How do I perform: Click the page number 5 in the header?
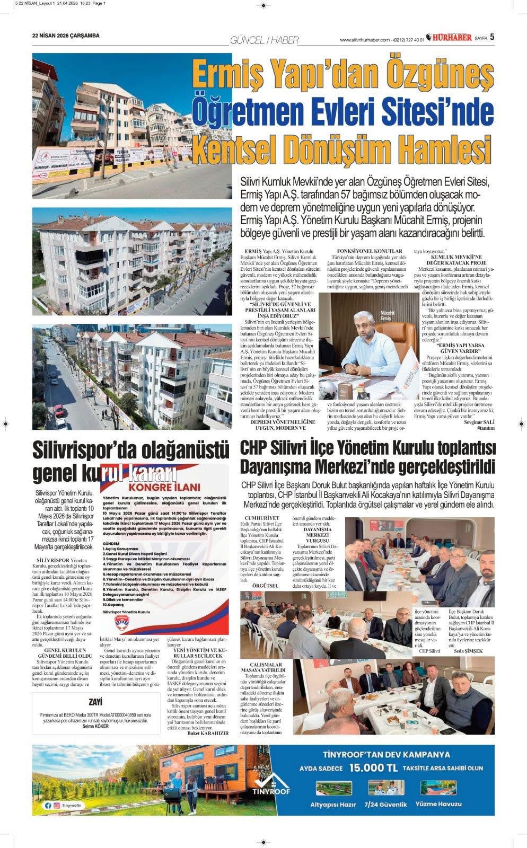(493, 37)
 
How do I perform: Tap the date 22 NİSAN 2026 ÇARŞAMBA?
(66, 37)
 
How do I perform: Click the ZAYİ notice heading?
(96, 702)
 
